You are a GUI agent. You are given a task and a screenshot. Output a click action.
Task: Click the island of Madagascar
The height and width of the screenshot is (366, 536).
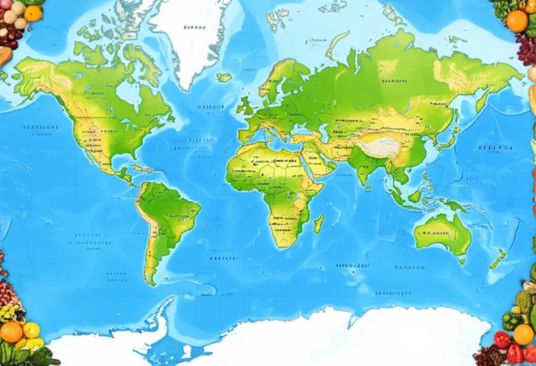[x=319, y=224]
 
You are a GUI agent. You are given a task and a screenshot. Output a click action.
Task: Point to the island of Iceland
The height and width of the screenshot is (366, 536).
[x=224, y=78]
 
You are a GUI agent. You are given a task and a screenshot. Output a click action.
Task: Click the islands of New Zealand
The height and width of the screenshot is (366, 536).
[x=497, y=260]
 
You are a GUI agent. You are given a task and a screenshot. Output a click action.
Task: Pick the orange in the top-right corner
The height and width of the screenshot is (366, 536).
[x=517, y=21]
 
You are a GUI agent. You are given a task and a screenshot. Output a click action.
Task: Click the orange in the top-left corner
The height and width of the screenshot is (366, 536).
[x=33, y=13]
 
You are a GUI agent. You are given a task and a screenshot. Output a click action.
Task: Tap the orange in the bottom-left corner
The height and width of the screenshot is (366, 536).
[x=11, y=332]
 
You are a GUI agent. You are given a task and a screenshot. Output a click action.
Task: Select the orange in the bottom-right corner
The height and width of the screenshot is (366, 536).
[x=523, y=334]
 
